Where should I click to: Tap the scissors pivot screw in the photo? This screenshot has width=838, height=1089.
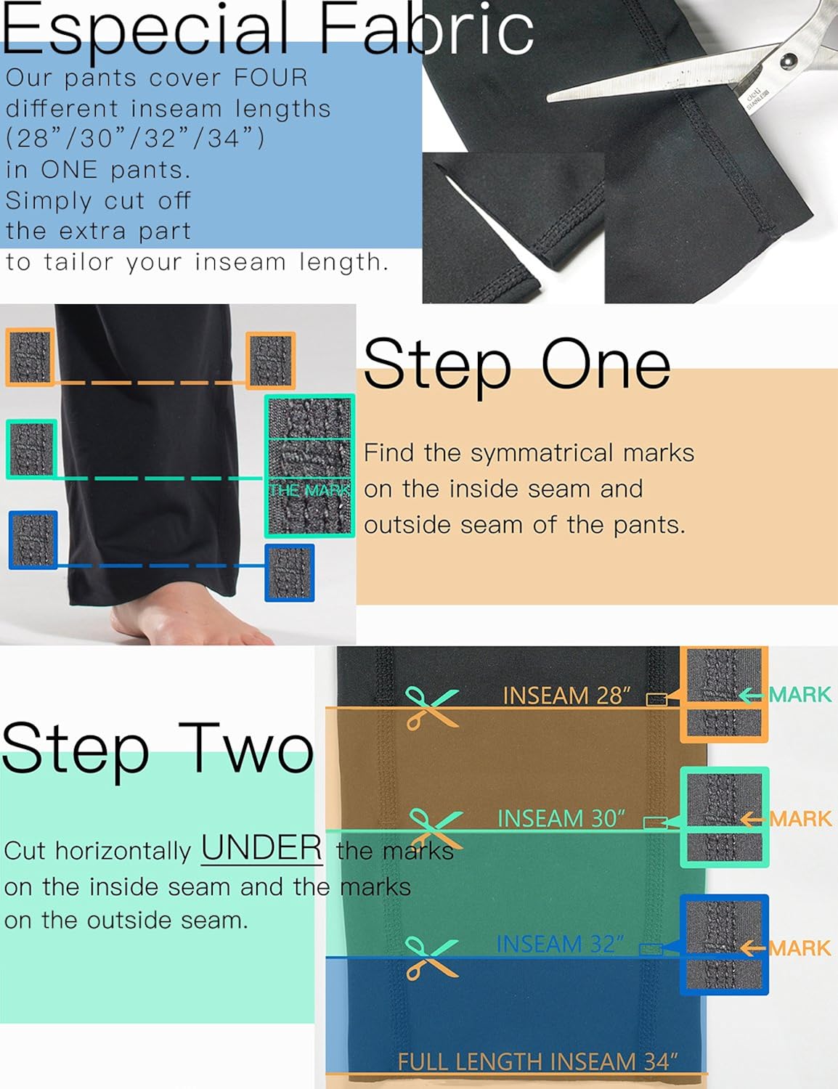tap(786, 62)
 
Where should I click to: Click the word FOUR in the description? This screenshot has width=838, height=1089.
tap(270, 78)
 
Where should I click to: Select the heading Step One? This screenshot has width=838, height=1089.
tap(516, 364)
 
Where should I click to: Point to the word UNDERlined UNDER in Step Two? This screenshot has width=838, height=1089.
tap(261, 848)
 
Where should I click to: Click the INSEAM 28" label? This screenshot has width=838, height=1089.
tap(566, 696)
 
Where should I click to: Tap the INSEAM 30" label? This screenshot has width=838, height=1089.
tap(561, 819)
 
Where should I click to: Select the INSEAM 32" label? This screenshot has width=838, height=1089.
tap(560, 944)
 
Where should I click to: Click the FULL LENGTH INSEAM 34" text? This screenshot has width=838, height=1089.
tap(537, 1061)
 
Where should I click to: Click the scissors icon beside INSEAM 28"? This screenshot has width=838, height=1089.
tap(431, 707)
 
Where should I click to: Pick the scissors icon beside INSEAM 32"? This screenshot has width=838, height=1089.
tap(431, 958)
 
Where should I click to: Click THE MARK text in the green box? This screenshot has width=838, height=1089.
tap(309, 491)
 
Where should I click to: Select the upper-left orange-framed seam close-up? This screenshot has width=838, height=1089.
tap(30, 356)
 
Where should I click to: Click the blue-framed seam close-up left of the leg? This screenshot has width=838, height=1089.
tap(33, 540)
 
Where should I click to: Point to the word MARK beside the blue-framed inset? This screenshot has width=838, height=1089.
tap(800, 948)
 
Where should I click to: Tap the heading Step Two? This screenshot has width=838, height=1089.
tap(158, 748)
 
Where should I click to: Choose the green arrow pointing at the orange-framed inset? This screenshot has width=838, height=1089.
tap(752, 696)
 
